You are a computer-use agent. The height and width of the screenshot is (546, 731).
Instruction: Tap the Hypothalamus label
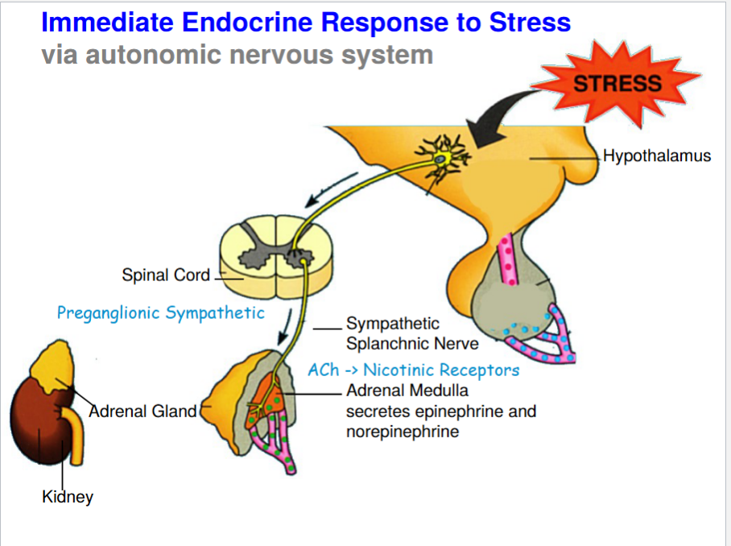tap(657, 155)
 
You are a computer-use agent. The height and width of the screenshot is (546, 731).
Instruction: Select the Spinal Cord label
tap(165, 275)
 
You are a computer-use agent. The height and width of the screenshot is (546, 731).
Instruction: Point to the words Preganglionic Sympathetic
tap(160, 312)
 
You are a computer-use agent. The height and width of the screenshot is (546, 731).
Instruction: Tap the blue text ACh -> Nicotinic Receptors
tap(413, 370)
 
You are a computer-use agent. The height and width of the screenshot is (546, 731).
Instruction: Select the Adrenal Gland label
tap(142, 411)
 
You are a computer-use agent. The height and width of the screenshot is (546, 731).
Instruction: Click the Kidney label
tap(68, 496)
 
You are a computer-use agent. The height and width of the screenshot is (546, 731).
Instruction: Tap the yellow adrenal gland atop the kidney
tap(53, 366)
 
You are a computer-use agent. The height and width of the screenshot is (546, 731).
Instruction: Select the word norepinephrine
tap(391, 432)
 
